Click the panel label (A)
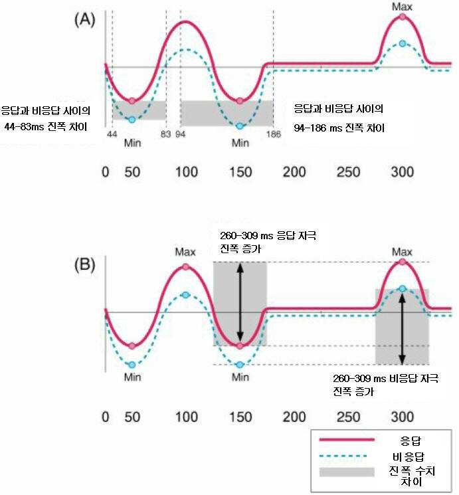click(x=85, y=20)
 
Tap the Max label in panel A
click(x=403, y=7)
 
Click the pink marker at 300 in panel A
click(x=403, y=18)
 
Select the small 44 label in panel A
click(x=112, y=134)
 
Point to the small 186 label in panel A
click(x=273, y=134)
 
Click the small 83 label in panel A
click(x=165, y=134)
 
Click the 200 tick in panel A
click(x=293, y=173)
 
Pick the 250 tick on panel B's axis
click(x=347, y=417)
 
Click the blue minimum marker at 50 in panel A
click(x=132, y=120)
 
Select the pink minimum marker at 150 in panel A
click(x=240, y=100)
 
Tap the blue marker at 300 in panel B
click(x=403, y=288)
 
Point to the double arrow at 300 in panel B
click(x=403, y=328)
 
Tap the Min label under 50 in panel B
click(x=132, y=377)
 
